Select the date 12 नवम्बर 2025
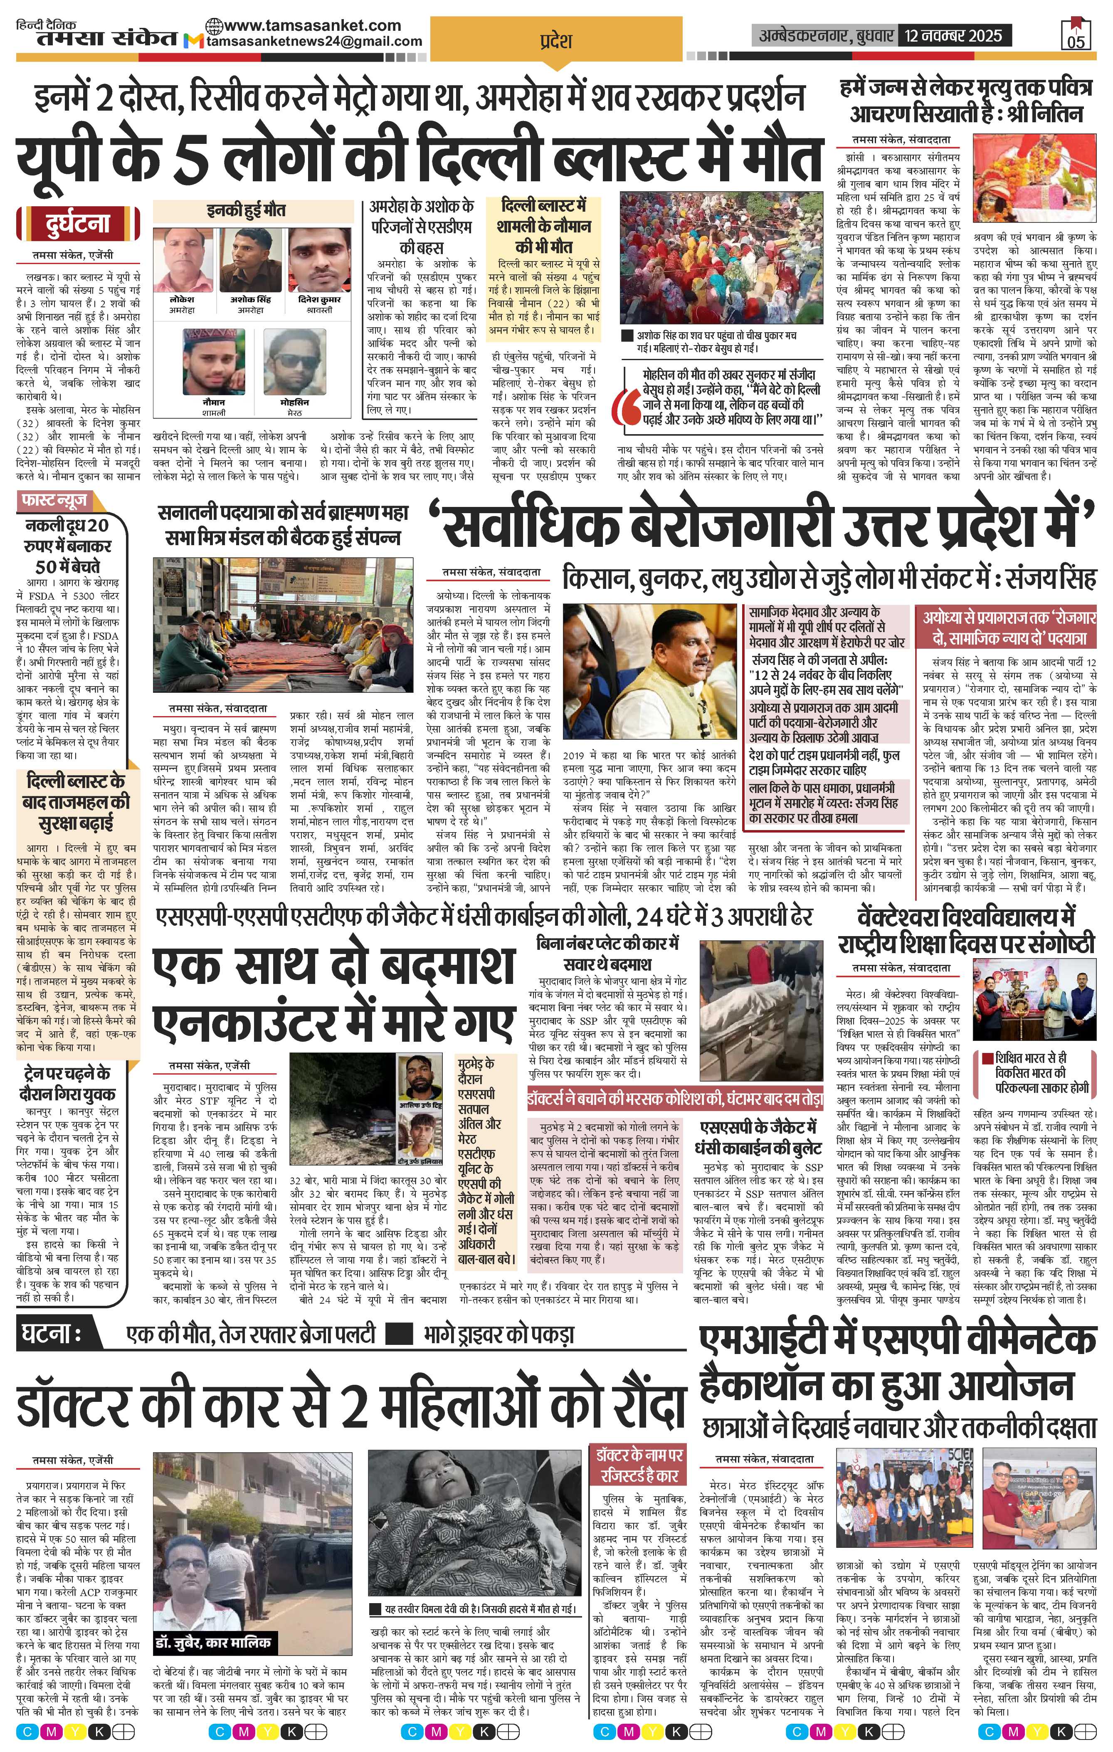pyautogui.click(x=952, y=35)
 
